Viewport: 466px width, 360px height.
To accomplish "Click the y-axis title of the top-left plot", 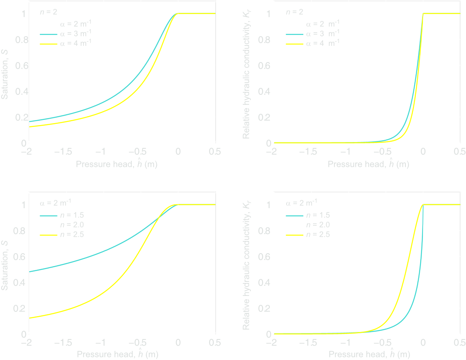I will coord(5,78).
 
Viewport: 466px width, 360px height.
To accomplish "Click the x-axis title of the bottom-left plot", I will coord(116,354).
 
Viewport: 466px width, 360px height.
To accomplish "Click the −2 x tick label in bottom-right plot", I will coord(273,343).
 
